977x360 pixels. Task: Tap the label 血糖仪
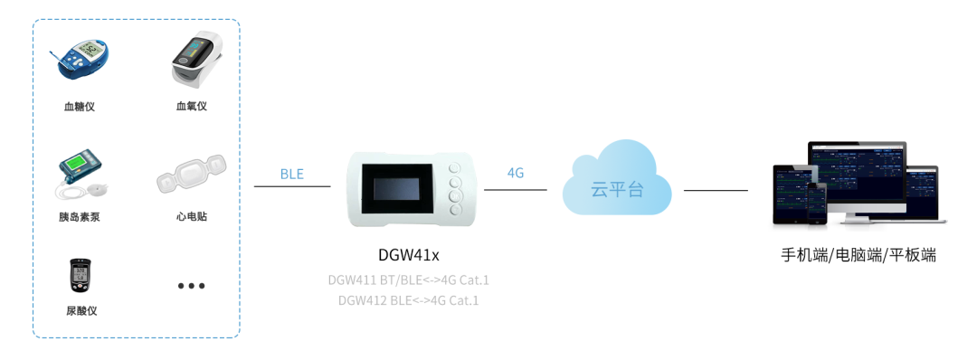click(80, 107)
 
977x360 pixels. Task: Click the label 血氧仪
click(192, 107)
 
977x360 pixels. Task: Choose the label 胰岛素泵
click(80, 217)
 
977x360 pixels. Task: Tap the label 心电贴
click(192, 217)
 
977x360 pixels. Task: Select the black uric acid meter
click(81, 275)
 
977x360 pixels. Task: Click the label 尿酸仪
click(81, 311)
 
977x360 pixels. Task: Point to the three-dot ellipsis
click(192, 286)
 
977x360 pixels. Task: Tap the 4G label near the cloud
click(516, 173)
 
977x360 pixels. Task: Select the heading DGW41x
click(409, 254)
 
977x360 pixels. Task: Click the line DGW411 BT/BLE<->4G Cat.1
click(409, 279)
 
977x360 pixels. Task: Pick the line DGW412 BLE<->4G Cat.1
click(409, 299)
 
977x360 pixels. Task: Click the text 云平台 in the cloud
click(617, 190)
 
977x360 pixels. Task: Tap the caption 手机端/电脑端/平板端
click(858, 256)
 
